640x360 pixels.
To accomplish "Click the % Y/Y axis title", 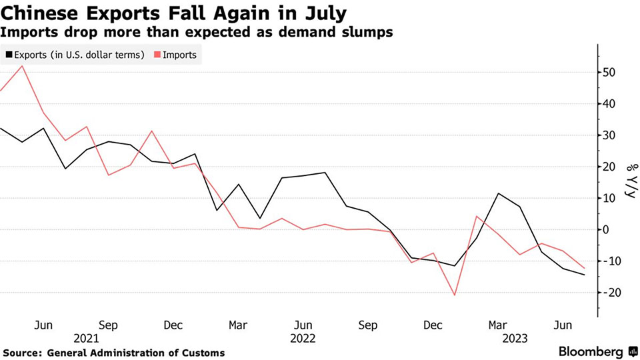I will click(629, 181).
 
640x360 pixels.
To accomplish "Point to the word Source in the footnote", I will click(22, 353).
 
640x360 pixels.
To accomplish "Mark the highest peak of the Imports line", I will click(23, 65).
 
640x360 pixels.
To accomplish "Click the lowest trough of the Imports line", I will click(455, 295).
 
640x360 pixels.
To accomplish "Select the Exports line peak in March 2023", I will click(499, 193).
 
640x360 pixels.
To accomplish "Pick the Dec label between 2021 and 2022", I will click(173, 325).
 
